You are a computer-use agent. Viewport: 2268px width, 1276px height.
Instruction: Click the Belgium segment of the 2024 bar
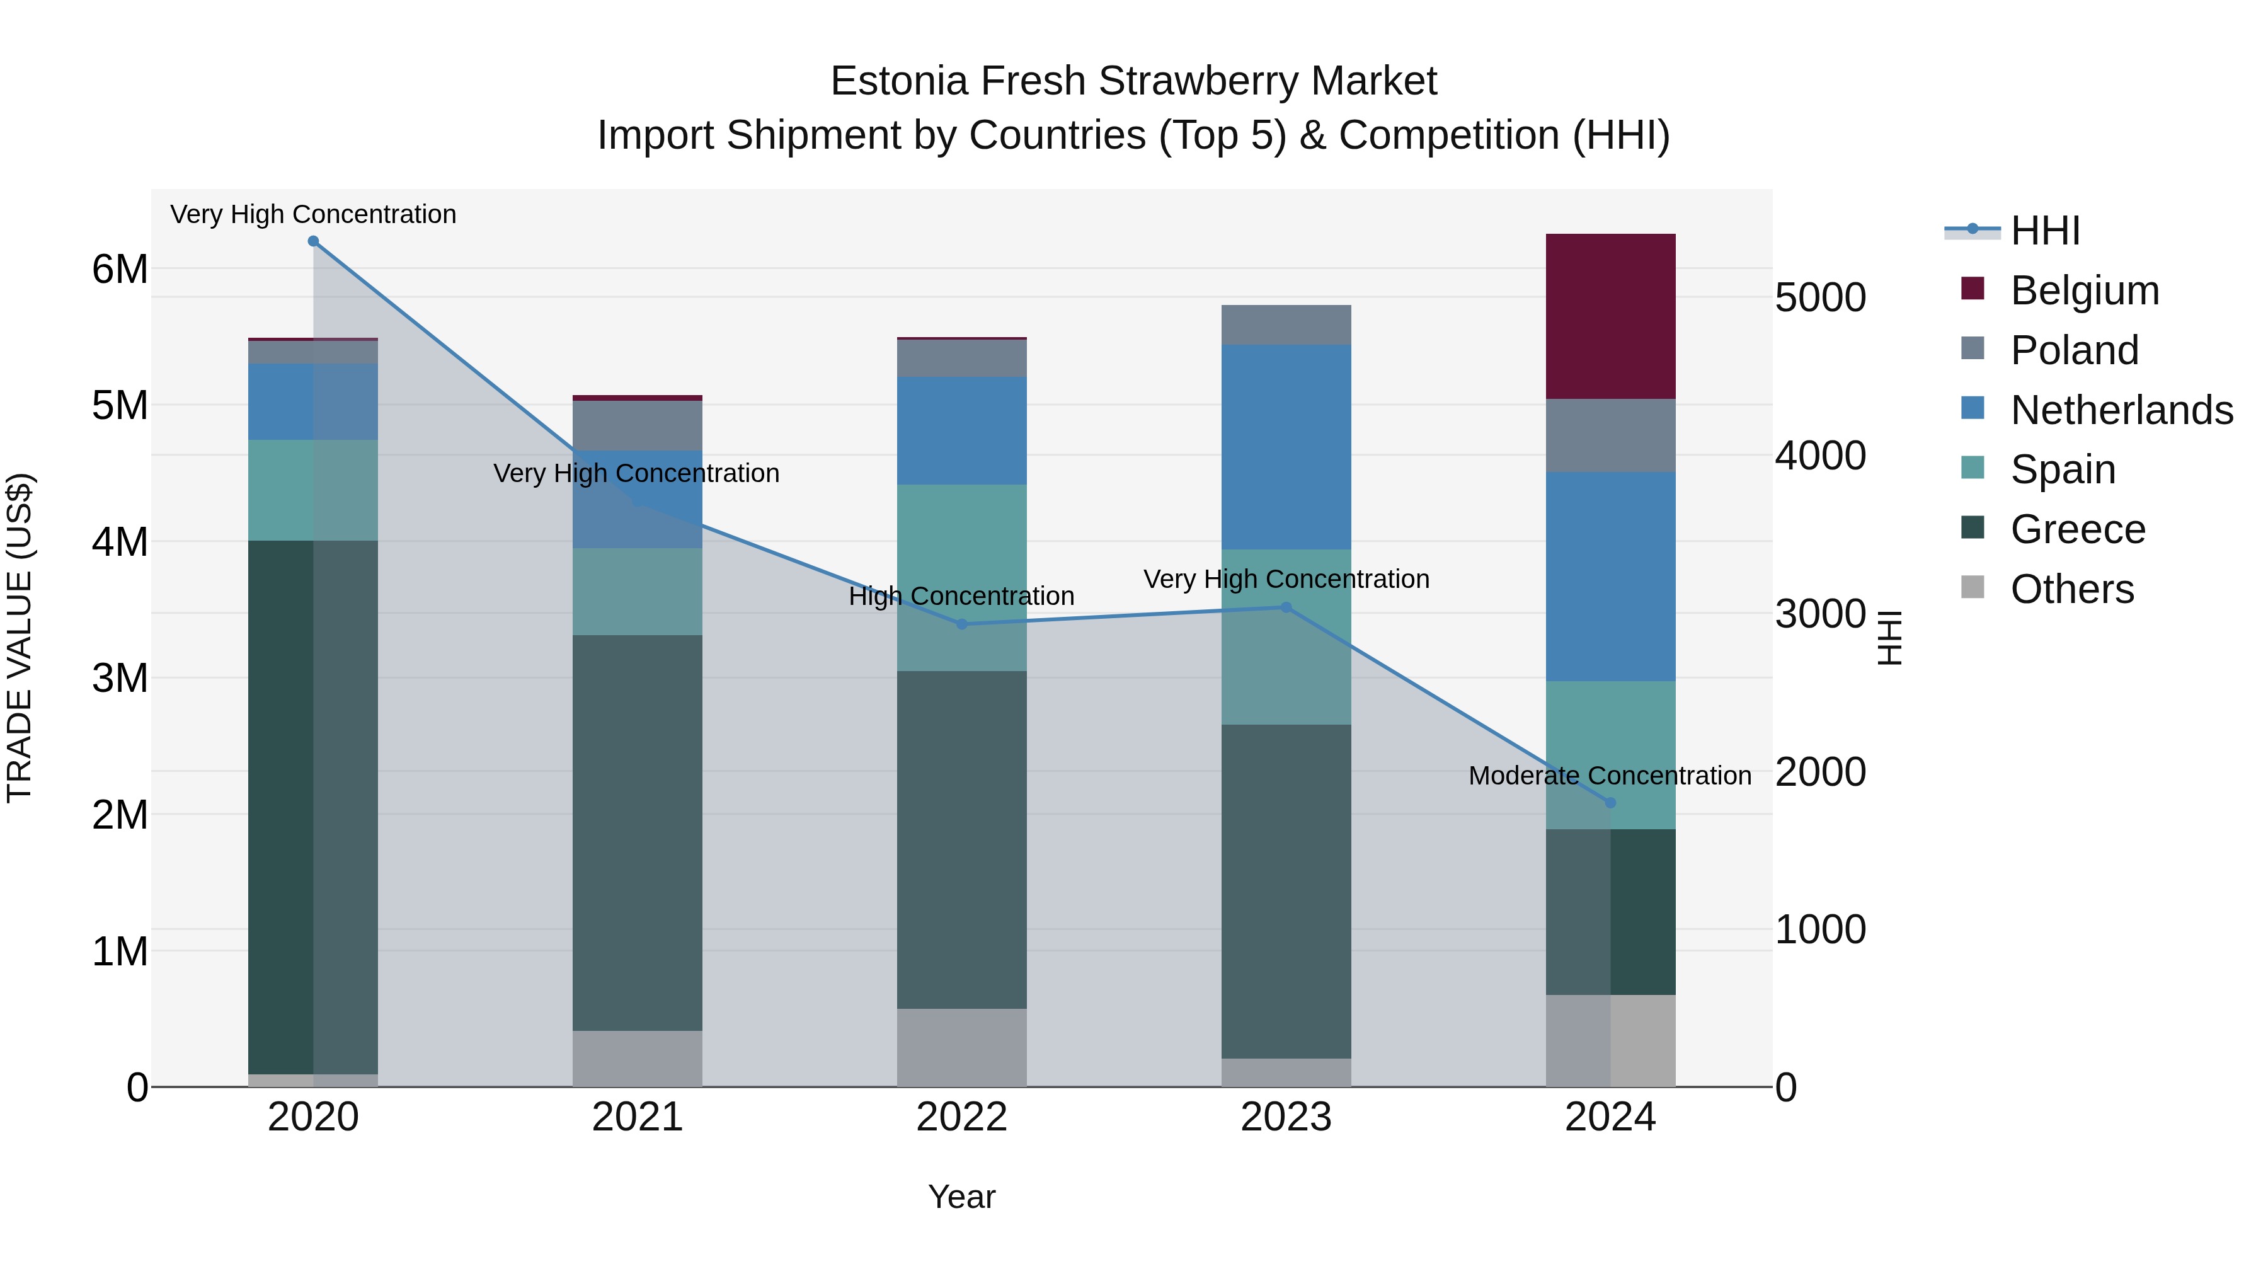click(1610, 316)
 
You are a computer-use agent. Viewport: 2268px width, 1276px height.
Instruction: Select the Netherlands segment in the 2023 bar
click(1285, 447)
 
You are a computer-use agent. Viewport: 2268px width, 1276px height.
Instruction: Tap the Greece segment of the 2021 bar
click(638, 832)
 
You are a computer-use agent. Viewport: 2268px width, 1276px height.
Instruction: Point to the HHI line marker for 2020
click(314, 241)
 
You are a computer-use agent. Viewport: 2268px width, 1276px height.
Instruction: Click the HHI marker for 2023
click(1285, 607)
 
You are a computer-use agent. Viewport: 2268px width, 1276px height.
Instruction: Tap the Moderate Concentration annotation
click(1610, 776)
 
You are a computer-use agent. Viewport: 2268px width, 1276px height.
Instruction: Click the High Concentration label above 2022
click(961, 596)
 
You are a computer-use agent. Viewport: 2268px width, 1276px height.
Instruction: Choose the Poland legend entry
click(2073, 350)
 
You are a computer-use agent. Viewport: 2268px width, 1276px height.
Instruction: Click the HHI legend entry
click(2044, 231)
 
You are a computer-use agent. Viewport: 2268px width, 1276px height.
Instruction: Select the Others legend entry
click(2071, 589)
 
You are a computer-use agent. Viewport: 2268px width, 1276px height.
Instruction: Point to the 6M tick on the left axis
click(120, 270)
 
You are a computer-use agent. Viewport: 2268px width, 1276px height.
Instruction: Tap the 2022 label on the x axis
click(961, 1117)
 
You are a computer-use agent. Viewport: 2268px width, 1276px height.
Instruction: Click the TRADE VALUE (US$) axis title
click(20, 638)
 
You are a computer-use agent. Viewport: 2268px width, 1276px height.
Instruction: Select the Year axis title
click(961, 1197)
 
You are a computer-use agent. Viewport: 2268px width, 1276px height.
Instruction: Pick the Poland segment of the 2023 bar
click(1285, 325)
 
